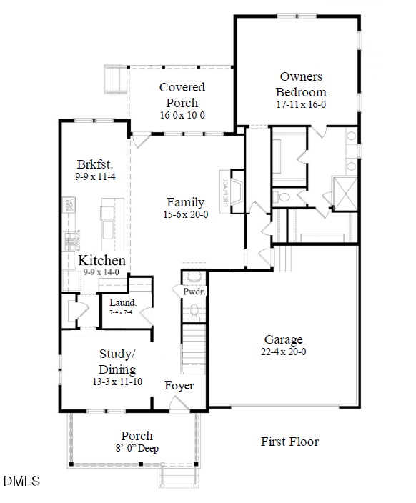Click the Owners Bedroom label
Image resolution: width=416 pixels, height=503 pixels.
point(301,84)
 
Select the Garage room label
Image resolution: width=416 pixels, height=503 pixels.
point(283,339)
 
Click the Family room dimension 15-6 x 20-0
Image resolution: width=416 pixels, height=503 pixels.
point(185,215)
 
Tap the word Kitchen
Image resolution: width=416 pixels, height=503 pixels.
point(102,261)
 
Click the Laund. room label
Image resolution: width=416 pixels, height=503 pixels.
point(123,302)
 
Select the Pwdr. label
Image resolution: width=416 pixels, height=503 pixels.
point(194,292)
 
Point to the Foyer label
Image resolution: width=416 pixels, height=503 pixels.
point(179,386)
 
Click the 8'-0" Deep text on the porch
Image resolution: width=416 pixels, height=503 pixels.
point(136,449)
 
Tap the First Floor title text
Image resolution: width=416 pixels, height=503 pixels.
point(289,442)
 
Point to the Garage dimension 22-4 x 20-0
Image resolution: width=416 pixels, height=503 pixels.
point(283,352)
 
